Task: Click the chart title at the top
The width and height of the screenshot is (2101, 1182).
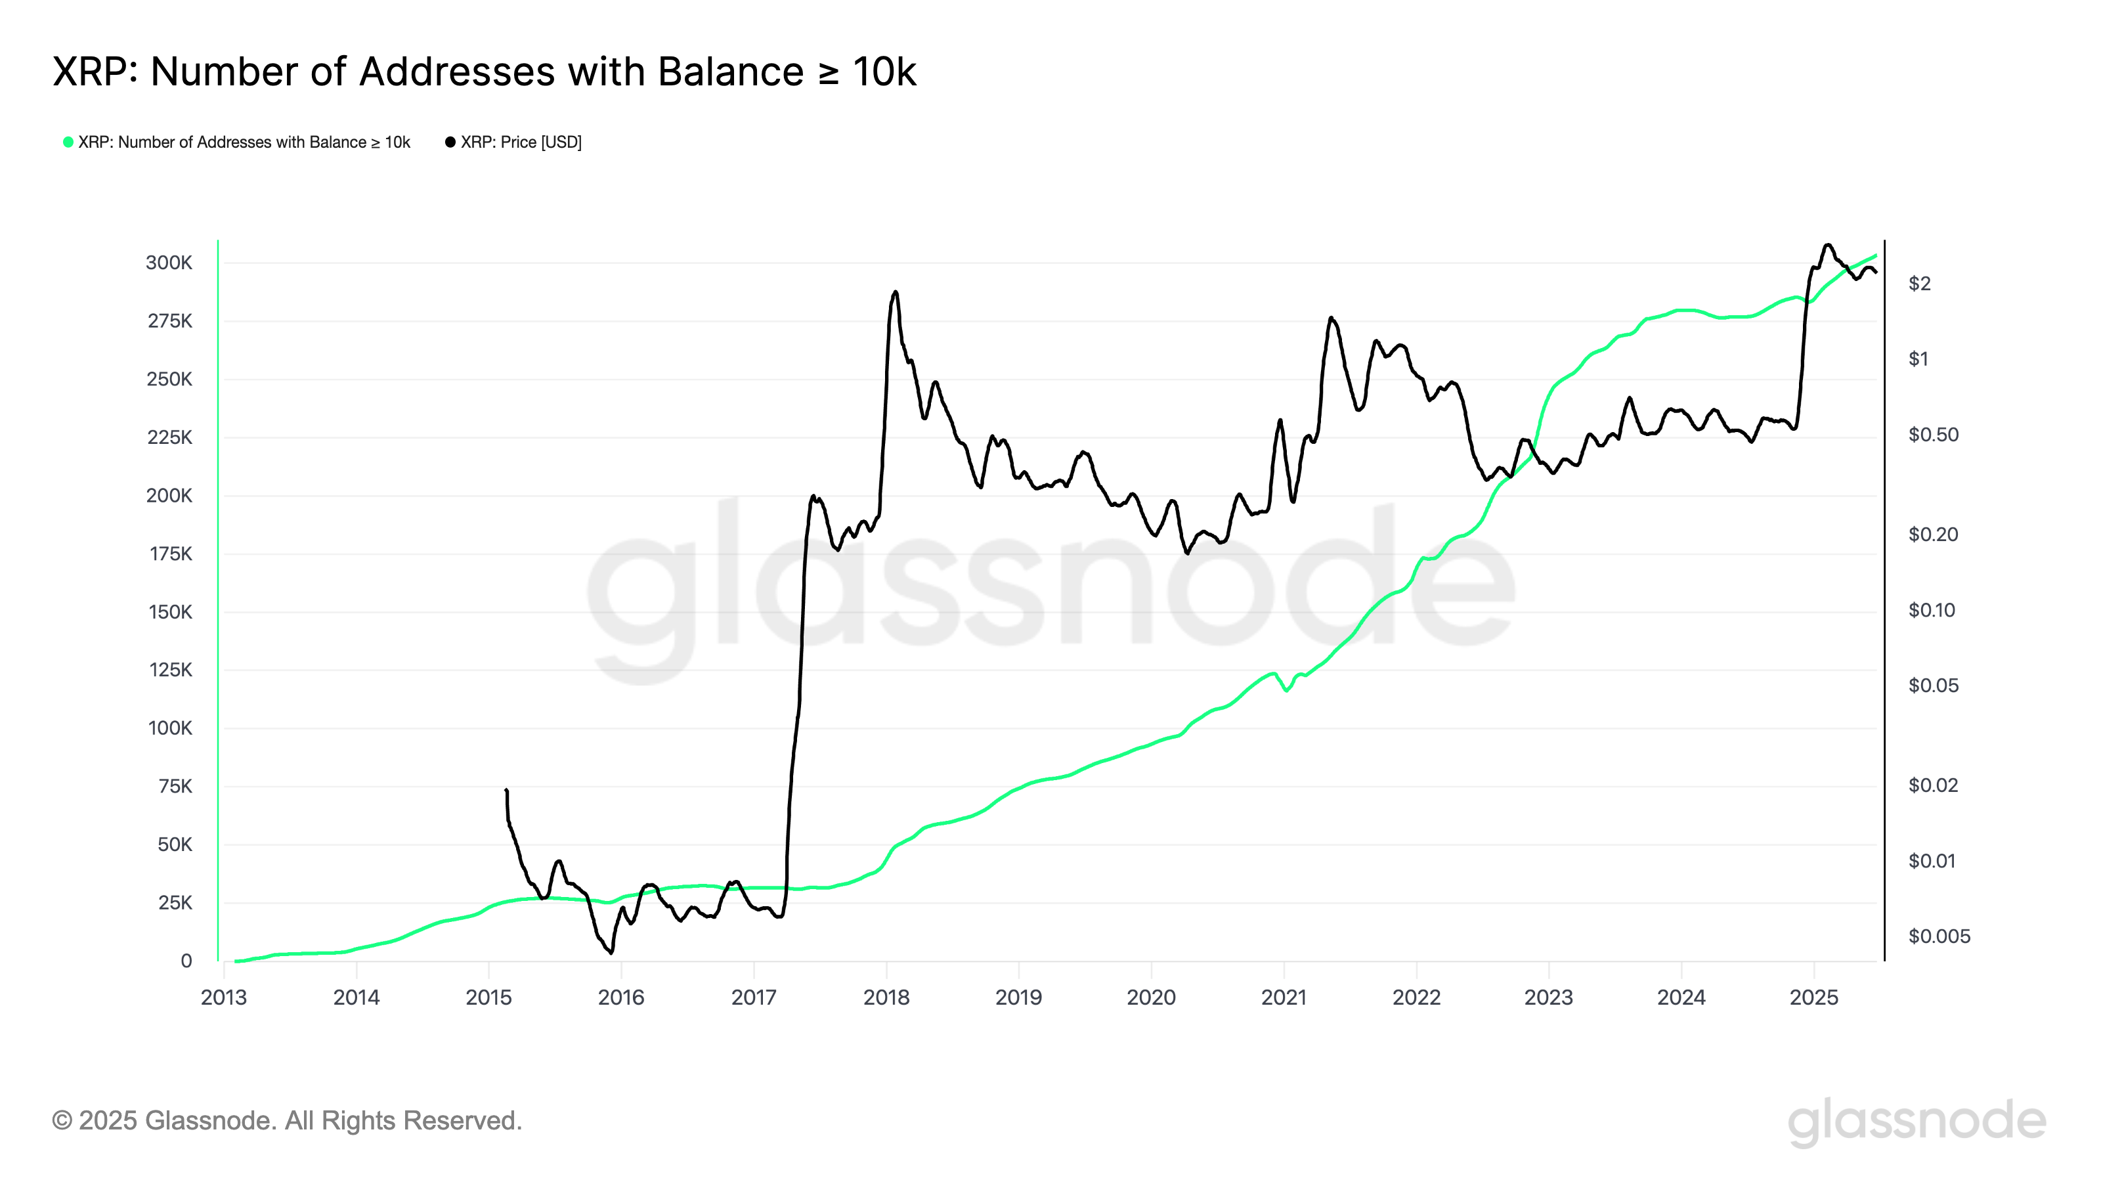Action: pos(485,72)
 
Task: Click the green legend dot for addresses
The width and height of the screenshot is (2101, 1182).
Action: pos(68,142)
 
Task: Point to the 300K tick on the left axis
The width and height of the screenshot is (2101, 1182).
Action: pos(169,263)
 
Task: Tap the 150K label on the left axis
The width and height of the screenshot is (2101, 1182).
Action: pos(169,612)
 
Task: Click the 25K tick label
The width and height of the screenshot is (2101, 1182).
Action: pos(175,902)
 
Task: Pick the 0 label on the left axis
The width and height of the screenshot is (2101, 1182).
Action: pos(186,961)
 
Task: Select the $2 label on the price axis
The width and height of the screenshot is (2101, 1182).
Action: pos(1919,284)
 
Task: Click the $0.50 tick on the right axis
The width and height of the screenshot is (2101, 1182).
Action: pos(1933,435)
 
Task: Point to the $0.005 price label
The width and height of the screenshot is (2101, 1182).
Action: pos(1939,936)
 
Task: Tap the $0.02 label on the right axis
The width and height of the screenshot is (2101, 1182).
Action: pos(1933,785)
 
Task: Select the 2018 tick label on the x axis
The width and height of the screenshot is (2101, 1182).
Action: pos(886,997)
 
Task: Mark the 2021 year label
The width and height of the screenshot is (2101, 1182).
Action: pos(1284,997)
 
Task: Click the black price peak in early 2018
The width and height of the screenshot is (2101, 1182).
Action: pos(896,292)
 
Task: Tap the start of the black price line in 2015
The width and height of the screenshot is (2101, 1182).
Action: pos(506,791)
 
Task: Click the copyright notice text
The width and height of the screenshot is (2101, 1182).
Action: pos(286,1121)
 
